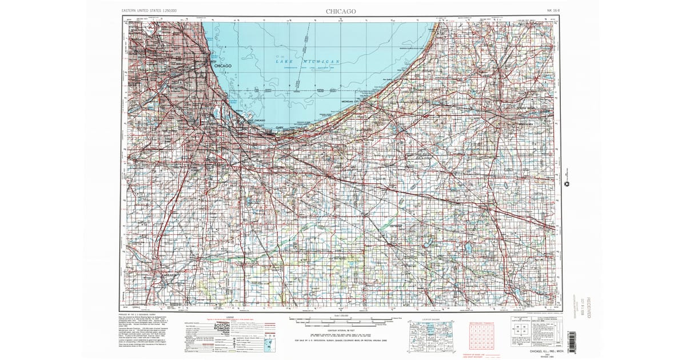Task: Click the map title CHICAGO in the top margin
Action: pyautogui.click(x=341, y=11)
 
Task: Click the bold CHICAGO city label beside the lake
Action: pyautogui.click(x=223, y=66)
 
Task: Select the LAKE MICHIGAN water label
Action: pyautogui.click(x=309, y=61)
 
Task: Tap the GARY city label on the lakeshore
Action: pyautogui.click(x=280, y=128)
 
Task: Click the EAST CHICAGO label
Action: pyautogui.click(x=255, y=121)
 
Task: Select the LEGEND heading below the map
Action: pyautogui.click(x=230, y=318)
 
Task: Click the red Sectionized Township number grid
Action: pyautogui.click(x=480, y=337)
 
